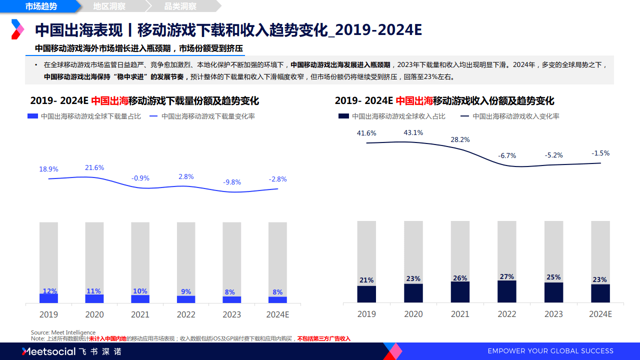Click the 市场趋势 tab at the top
pyautogui.click(x=41, y=6)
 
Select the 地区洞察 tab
pyautogui.click(x=109, y=6)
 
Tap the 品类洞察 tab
pyautogui.click(x=180, y=6)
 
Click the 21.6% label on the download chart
pyautogui.click(x=94, y=167)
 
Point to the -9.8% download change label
pyautogui.click(x=232, y=182)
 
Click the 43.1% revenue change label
pyautogui.click(x=413, y=132)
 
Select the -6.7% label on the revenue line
pyautogui.click(x=507, y=155)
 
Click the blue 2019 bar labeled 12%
pyautogui.click(x=48, y=298)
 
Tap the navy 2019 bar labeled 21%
pyautogui.click(x=366, y=294)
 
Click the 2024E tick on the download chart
pyautogui.click(x=277, y=314)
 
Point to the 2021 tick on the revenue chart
pyautogui.click(x=460, y=314)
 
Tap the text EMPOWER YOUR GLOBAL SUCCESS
pyautogui.click(x=550, y=351)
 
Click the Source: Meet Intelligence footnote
pyautogui.click(x=63, y=332)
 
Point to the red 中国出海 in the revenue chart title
pyautogui.click(x=414, y=101)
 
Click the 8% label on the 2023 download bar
pyautogui.click(x=232, y=292)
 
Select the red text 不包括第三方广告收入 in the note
pyautogui.click(x=323, y=338)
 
